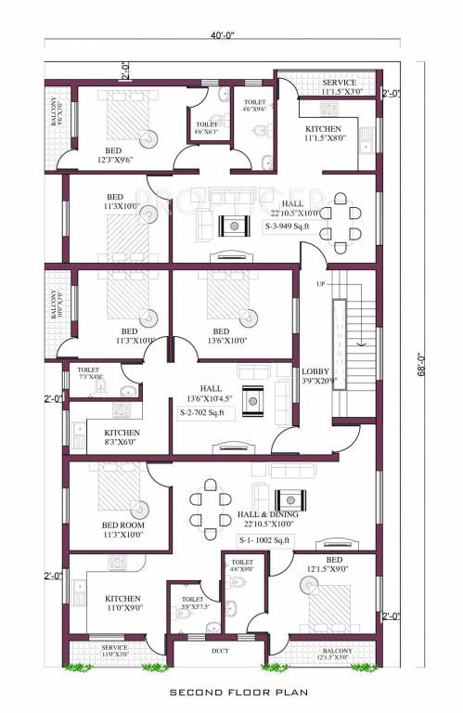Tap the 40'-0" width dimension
pos(222,36)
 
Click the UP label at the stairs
pos(321,283)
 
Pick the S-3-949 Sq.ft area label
pos(291,225)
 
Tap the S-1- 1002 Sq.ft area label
pos(264,539)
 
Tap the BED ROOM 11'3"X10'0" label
pos(122,529)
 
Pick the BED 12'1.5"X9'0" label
pos(334,565)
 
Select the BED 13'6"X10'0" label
pos(221,336)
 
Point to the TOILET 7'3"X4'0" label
pos(89,373)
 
